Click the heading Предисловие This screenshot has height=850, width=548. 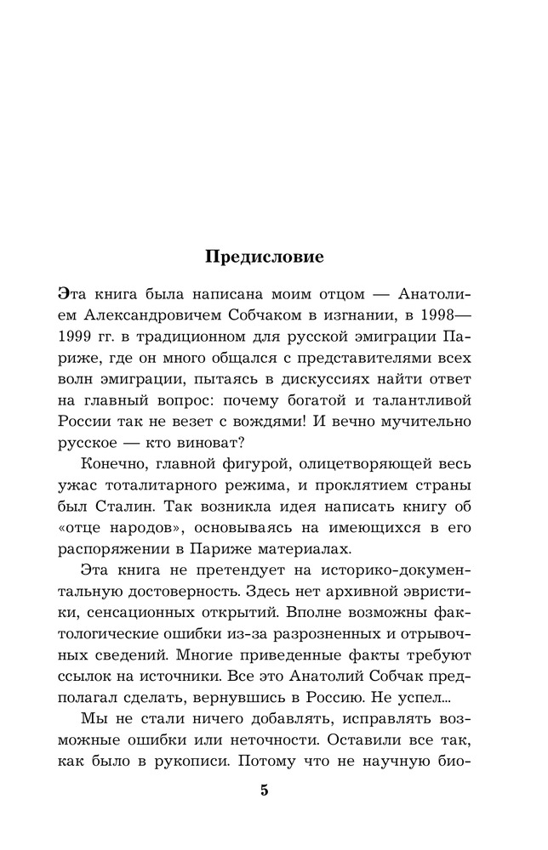point(264,256)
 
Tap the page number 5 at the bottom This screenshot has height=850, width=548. point(264,790)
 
